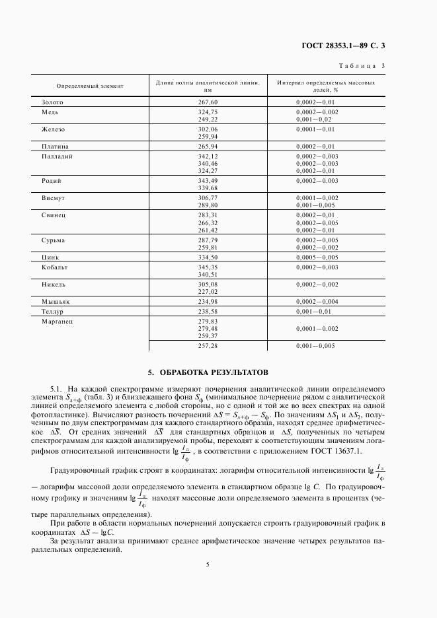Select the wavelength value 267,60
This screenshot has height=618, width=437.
click(208, 103)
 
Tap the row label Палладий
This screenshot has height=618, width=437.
click(57, 156)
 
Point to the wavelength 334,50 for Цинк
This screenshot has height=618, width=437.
click(208, 257)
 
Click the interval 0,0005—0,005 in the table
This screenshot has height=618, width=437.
click(317, 257)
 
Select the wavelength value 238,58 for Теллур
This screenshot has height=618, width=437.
click(208, 310)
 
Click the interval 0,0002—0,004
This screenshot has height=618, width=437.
click(317, 300)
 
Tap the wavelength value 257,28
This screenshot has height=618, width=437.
click(208, 345)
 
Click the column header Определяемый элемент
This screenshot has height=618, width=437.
click(85, 86)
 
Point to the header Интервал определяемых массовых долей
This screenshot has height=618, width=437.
click(326, 86)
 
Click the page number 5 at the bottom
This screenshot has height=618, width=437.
click(207, 565)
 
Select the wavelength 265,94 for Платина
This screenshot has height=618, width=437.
click(208, 146)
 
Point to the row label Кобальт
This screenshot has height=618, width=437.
click(55, 267)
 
